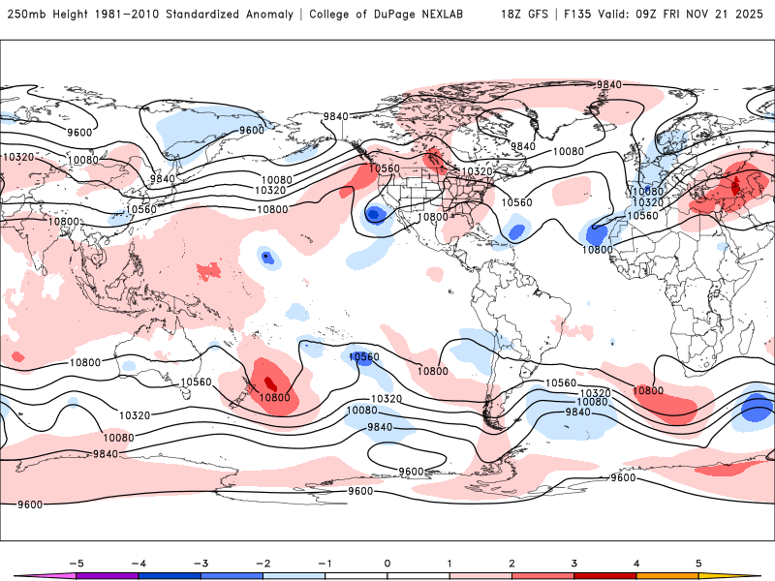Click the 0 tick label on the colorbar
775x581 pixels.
click(x=387, y=563)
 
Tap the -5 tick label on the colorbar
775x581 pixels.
click(x=77, y=563)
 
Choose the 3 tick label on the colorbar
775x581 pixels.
click(x=573, y=563)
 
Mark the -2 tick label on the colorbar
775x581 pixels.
click(x=263, y=563)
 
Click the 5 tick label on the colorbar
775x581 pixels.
click(x=697, y=563)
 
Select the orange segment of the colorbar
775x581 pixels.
click(x=666, y=574)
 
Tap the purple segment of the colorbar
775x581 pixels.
click(x=108, y=574)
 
